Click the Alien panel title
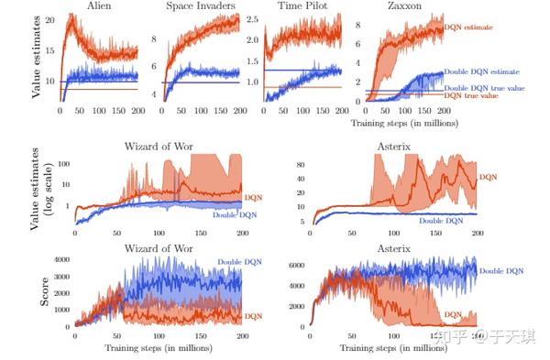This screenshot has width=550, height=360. pos(100,6)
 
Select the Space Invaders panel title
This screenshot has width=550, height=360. pos(201,6)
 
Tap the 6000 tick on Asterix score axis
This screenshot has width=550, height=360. pos(295,266)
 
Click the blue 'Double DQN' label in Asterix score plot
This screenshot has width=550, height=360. pos(501,272)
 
